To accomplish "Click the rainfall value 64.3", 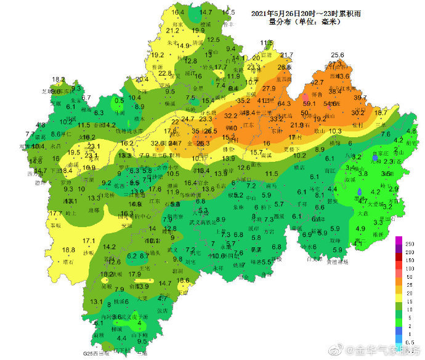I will [x=284, y=104].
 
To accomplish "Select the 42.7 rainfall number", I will [x=317, y=82].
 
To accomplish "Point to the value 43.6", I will [x=342, y=77].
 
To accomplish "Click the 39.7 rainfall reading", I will [x=360, y=98].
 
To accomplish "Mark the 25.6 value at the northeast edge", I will [x=337, y=55].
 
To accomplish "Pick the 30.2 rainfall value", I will [x=358, y=113].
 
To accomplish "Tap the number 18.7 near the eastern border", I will [x=381, y=113].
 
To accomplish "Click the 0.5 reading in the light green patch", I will [x=119, y=100].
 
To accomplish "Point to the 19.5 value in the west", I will [x=74, y=153].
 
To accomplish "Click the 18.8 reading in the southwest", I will [x=68, y=250].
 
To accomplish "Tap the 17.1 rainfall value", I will [x=89, y=241].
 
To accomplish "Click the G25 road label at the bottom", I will [x=91, y=354].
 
